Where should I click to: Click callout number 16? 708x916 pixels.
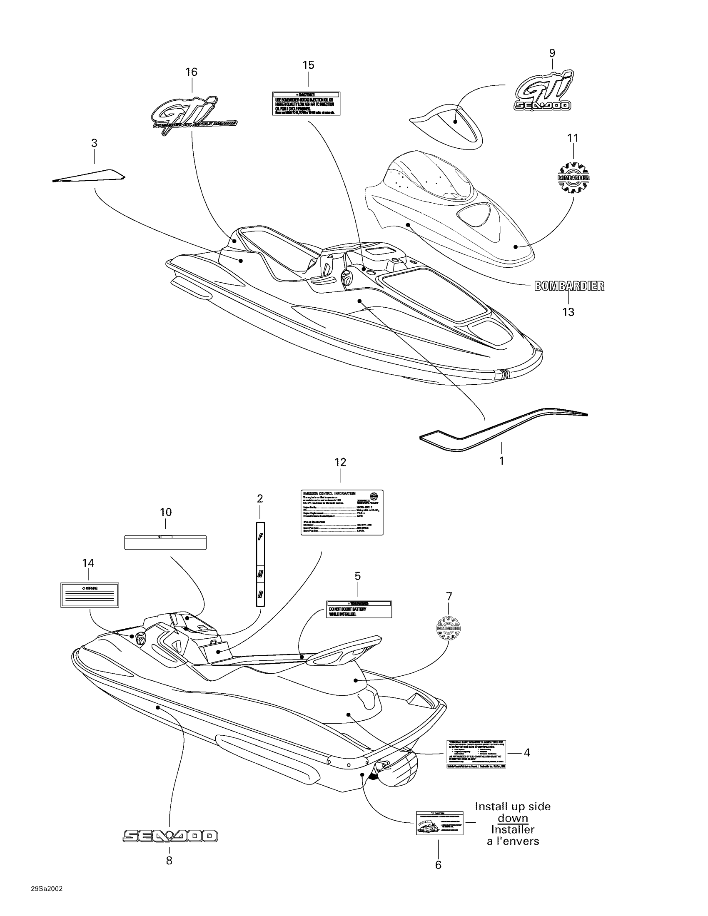click(x=191, y=72)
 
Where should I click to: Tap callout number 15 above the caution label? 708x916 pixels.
click(x=308, y=65)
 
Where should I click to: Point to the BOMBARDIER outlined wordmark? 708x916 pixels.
click(x=569, y=286)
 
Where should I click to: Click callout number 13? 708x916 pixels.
click(x=568, y=312)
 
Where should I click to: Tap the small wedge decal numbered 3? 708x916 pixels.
click(x=89, y=176)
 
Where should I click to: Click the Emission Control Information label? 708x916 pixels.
click(x=342, y=513)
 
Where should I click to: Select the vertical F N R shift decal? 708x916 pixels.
click(x=260, y=564)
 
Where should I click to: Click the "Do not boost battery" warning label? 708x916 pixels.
click(x=359, y=609)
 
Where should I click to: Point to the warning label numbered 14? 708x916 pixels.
click(x=90, y=595)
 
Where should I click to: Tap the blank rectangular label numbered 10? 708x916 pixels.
click(x=165, y=542)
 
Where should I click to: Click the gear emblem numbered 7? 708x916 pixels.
click(x=449, y=628)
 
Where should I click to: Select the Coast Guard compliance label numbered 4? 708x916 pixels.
click(x=476, y=754)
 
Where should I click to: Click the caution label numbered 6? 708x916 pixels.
click(x=439, y=823)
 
